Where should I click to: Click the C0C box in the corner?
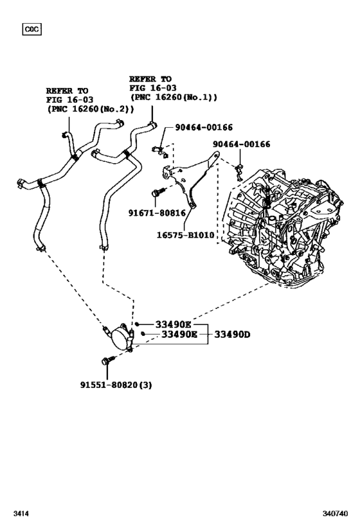31,29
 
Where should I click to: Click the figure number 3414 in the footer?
21,514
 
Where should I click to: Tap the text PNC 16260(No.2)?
89,109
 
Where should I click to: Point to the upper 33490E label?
172,325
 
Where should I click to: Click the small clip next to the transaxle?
239,169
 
